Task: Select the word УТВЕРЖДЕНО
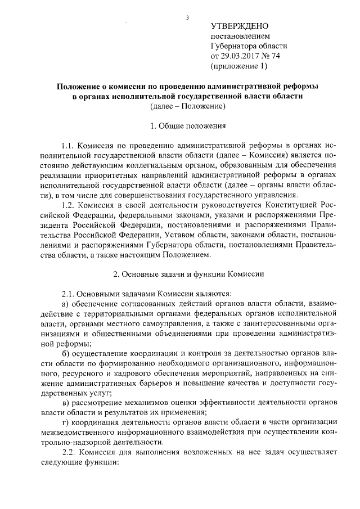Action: click(x=240, y=26)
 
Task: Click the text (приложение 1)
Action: click(x=239, y=66)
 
